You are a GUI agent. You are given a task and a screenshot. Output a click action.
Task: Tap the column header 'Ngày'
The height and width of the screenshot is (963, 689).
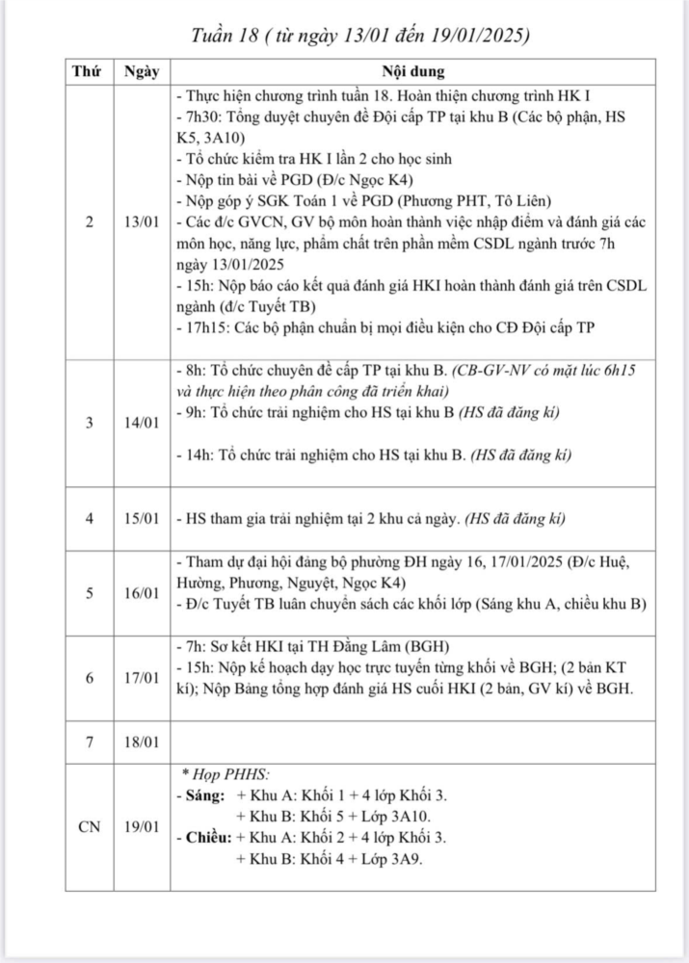[x=142, y=72]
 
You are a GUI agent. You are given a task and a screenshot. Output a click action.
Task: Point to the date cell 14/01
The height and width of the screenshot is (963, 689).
[x=142, y=423]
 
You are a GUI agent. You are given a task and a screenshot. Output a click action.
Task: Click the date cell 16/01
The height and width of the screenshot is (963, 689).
[x=142, y=592]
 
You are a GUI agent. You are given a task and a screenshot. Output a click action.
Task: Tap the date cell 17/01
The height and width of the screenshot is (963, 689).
[x=142, y=678]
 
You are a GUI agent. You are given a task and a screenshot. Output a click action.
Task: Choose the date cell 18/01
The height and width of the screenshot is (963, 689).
[x=142, y=742]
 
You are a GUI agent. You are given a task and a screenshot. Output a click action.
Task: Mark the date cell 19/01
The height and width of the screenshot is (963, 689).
[x=142, y=826]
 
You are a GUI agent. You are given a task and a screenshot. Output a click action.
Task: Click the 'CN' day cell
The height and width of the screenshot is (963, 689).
[x=89, y=826]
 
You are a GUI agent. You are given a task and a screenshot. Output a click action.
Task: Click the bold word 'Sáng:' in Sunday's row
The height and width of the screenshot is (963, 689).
[x=203, y=796]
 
